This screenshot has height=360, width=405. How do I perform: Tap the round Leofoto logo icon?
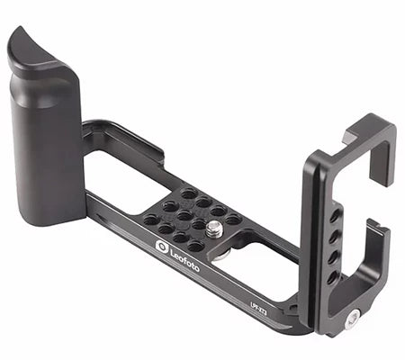point(162,246)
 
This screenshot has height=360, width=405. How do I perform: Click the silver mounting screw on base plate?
point(213,229)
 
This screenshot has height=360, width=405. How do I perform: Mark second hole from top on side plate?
point(335,216)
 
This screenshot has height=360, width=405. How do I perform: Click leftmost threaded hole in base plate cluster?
point(146,219)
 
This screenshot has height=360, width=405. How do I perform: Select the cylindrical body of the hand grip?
point(45,153)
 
